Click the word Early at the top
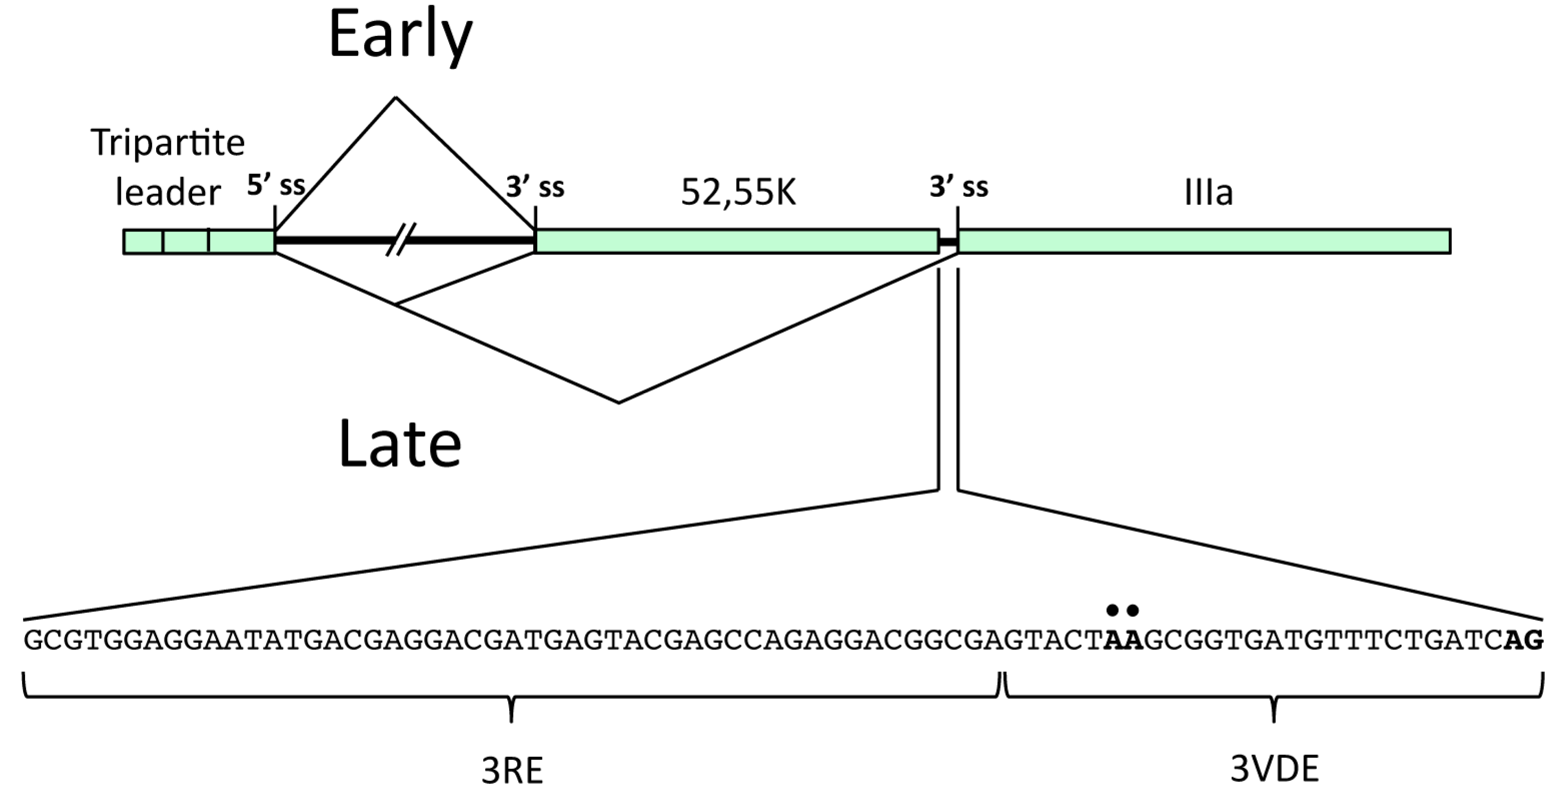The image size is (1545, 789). [x=401, y=36]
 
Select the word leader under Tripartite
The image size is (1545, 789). [x=168, y=193]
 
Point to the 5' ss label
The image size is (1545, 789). [x=277, y=186]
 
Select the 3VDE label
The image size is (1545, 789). [x=1275, y=769]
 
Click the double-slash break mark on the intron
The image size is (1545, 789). [x=401, y=240]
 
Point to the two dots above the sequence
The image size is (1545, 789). [x=1122, y=611]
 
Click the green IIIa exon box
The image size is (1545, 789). [x=1204, y=241]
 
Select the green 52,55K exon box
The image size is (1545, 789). [x=737, y=241]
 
